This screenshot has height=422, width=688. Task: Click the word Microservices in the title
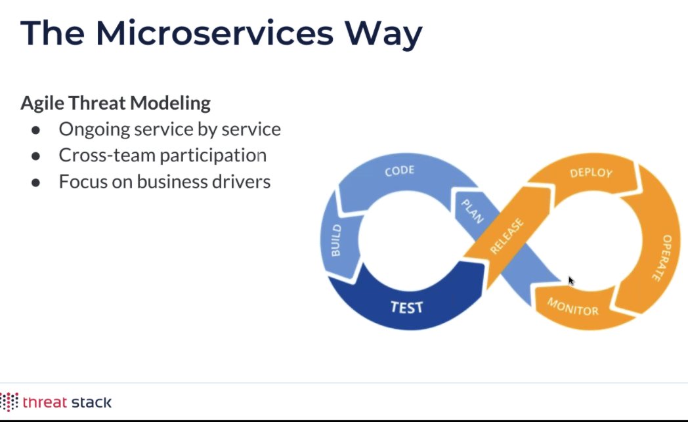[214, 34]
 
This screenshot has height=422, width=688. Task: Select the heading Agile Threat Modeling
[116, 103]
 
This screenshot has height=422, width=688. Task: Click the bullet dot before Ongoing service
[36, 130]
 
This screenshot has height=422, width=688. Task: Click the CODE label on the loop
[399, 171]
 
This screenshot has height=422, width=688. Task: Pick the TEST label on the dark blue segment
[407, 307]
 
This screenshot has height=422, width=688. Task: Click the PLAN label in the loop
[472, 211]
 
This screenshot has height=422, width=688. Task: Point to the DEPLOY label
[591, 173]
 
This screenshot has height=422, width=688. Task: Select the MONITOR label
[572, 306]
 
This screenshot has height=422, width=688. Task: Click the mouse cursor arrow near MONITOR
[570, 280]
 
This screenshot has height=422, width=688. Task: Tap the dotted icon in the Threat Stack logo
[9, 402]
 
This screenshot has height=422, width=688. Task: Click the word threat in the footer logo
[43, 402]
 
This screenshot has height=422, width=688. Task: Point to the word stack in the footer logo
[89, 402]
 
